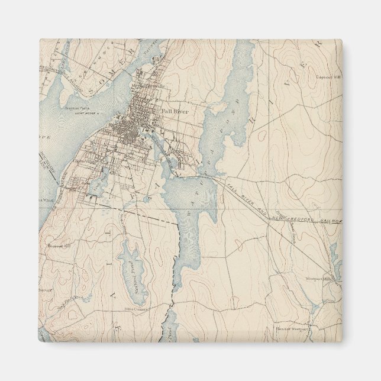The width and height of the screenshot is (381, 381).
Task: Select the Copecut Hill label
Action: [x=328, y=77]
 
